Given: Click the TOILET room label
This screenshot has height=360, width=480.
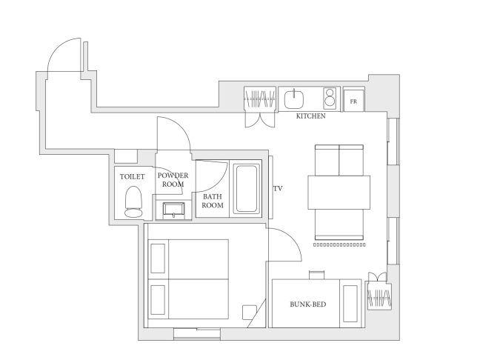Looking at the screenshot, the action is click(x=133, y=176).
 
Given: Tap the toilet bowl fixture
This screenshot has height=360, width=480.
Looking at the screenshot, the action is click(x=133, y=201).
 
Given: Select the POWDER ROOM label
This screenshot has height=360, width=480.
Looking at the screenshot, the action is click(x=173, y=180).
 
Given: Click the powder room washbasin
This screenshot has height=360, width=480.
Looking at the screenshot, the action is click(x=174, y=210).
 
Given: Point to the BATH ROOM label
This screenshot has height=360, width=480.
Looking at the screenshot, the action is click(x=213, y=201).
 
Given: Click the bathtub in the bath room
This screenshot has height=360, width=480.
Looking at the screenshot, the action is click(x=247, y=189).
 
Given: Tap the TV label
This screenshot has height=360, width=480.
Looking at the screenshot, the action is click(x=278, y=189).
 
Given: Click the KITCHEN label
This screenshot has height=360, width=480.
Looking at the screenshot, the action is click(x=310, y=116).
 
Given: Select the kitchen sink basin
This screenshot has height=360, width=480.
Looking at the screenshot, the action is click(x=294, y=99).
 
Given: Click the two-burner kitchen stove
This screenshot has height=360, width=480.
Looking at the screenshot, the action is click(x=330, y=98).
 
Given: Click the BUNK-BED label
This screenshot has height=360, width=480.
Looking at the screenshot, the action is click(x=308, y=304).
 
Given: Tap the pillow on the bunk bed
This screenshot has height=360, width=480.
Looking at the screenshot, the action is click(x=350, y=304).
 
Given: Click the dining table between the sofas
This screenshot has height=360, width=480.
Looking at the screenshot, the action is click(x=339, y=193).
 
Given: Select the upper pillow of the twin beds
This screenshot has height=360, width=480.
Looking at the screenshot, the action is click(x=158, y=259).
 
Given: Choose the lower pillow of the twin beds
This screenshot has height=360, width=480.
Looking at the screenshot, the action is click(x=158, y=300).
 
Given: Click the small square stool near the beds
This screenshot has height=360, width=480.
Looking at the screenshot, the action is click(x=250, y=313).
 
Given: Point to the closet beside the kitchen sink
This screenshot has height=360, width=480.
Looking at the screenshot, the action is click(x=260, y=99).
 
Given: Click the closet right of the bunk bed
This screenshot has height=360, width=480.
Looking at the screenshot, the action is click(x=379, y=296).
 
